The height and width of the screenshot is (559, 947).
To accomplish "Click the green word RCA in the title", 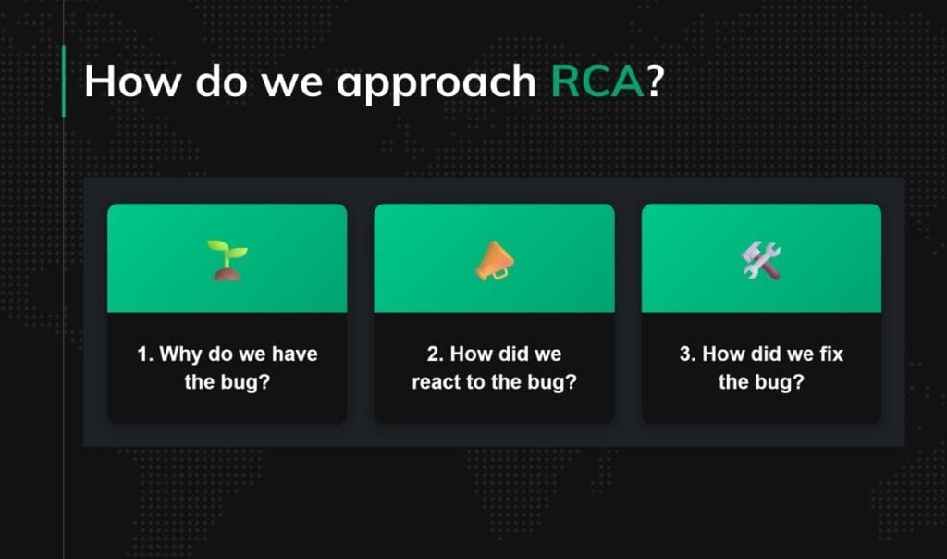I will pos(597,81).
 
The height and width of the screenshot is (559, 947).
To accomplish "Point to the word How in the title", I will pos(133,81).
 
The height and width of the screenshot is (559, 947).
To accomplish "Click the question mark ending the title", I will pos(656,81).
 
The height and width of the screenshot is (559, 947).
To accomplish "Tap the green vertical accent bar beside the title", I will pos(63,81).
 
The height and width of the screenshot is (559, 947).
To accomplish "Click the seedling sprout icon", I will pos(227,259).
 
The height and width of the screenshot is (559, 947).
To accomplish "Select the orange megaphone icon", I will pos(493,259).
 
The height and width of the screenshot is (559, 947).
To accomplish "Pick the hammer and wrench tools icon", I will pos(761,260).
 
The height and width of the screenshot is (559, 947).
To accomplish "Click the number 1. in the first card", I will pos(145,354).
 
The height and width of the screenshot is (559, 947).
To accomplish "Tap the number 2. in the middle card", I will pos(436,354).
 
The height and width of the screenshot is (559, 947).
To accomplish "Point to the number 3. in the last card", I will pos(688,354).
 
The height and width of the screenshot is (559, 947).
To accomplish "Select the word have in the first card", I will pos(296,354).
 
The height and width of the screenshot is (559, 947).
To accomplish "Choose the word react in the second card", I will pos(436,382).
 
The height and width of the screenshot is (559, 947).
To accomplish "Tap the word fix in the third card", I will pos(830,354).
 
